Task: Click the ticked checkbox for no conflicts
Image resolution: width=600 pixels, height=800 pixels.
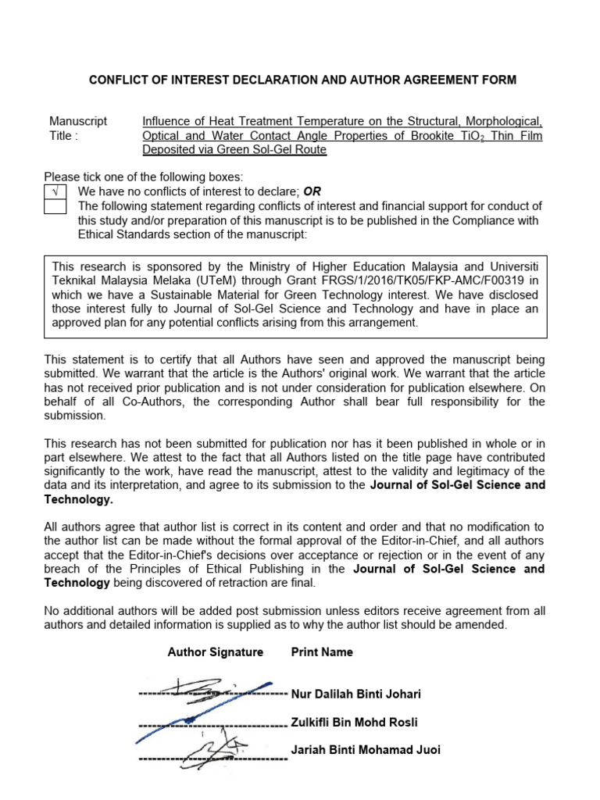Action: [55, 192]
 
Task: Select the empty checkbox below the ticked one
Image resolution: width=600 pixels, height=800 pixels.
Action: [55, 206]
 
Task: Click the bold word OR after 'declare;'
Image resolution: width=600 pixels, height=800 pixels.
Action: [312, 192]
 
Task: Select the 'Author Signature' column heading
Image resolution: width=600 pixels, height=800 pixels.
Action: [215, 652]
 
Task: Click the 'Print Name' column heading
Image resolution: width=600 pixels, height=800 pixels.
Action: [322, 652]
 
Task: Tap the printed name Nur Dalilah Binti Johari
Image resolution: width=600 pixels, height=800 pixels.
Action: [355, 694]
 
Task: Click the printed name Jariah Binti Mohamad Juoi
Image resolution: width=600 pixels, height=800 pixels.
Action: [366, 750]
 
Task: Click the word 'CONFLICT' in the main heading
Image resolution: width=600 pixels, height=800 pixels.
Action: [121, 80]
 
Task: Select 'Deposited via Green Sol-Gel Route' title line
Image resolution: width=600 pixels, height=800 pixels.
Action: [234, 150]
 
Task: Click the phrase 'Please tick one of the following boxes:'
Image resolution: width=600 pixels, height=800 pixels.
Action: [143, 177]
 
